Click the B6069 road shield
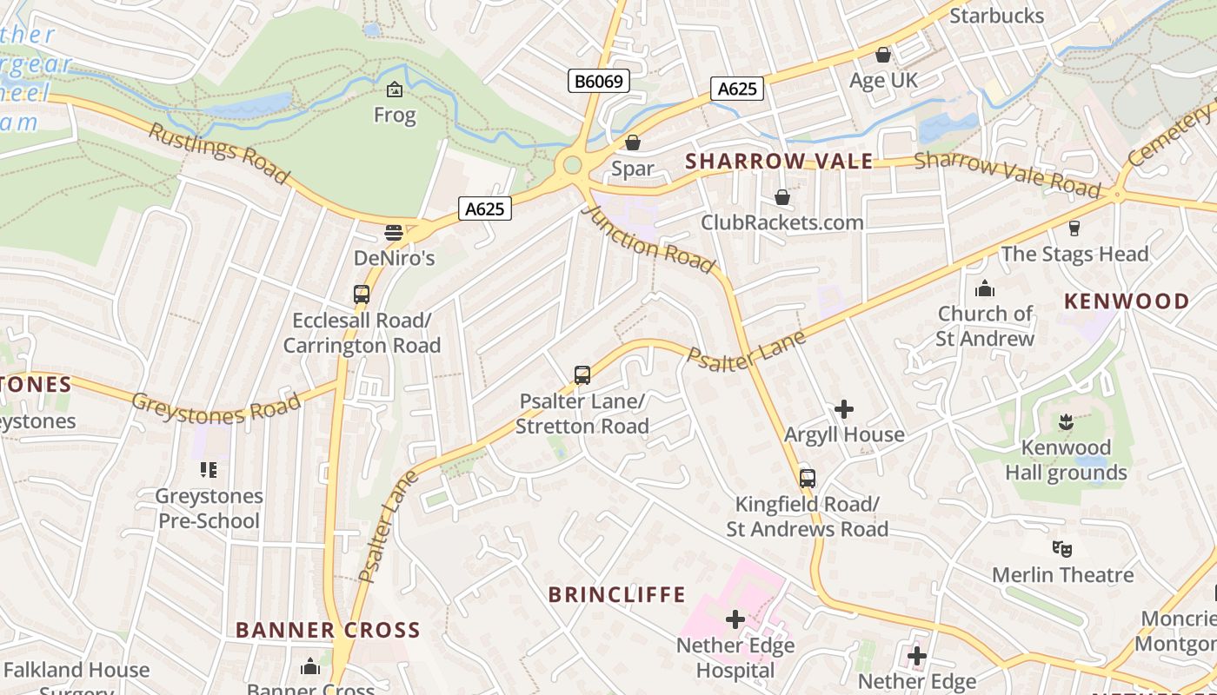click(x=599, y=81)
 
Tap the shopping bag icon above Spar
click(x=633, y=142)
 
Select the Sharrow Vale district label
click(x=779, y=162)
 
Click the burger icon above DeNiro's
click(x=394, y=233)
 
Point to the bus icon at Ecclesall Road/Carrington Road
click(x=362, y=295)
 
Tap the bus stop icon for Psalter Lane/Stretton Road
click(x=582, y=375)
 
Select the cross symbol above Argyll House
click(x=843, y=408)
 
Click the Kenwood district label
click(x=1127, y=301)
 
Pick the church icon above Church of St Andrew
click(x=985, y=288)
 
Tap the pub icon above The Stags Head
click(x=1074, y=228)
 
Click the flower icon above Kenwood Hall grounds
click(x=1066, y=423)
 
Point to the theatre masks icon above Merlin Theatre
click(x=1061, y=548)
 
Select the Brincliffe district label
click(x=616, y=595)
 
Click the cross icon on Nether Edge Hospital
click(x=735, y=619)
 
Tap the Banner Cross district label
click(x=328, y=630)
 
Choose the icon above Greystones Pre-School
click(x=208, y=470)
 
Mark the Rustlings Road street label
click(x=218, y=154)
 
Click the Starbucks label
click(x=996, y=16)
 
